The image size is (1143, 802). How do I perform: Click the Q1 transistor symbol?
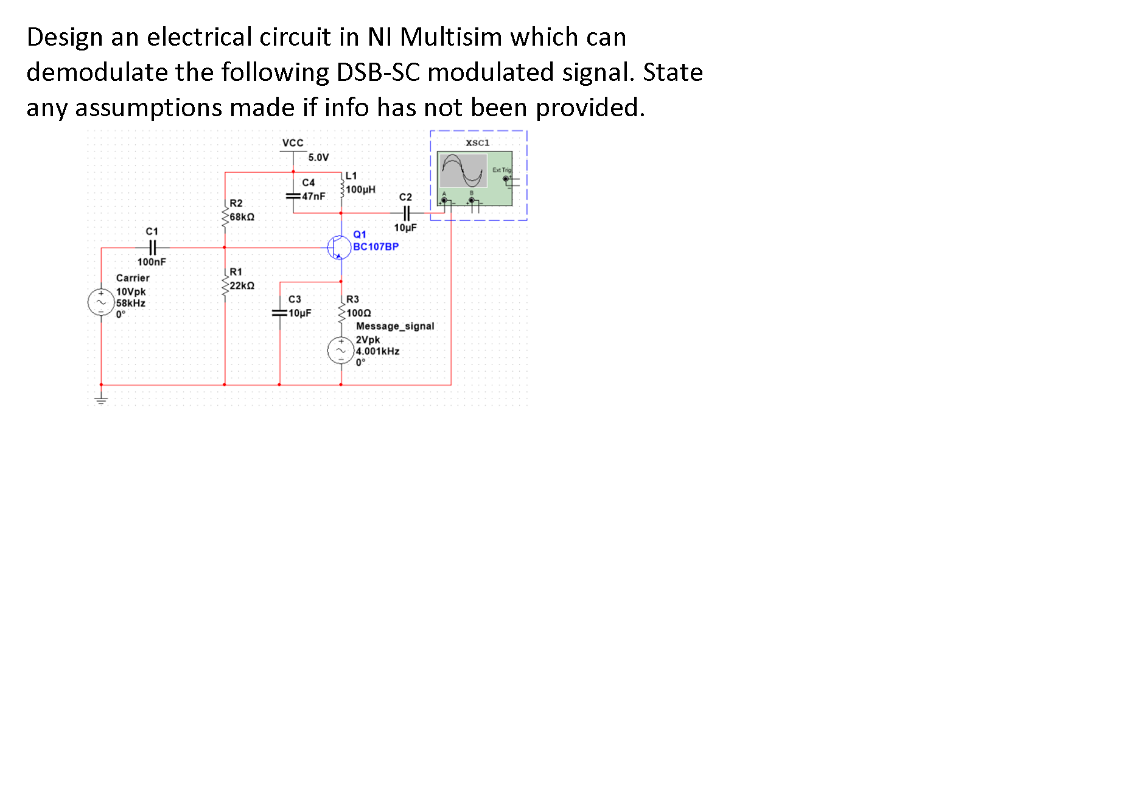click(x=338, y=247)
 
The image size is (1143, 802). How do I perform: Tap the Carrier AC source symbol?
click(x=101, y=302)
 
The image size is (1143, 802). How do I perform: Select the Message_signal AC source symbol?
click(x=341, y=350)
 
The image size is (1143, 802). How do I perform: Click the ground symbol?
click(x=101, y=400)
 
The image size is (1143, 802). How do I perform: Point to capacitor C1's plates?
click(x=152, y=248)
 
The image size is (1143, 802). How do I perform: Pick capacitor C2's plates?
click(x=407, y=213)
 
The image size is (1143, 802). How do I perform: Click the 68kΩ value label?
click(x=242, y=217)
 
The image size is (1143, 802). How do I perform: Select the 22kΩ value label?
click(x=242, y=285)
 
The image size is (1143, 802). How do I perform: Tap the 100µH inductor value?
click(x=361, y=189)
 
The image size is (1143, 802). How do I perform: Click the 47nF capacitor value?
click(x=313, y=196)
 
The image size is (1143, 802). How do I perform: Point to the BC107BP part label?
click(x=376, y=246)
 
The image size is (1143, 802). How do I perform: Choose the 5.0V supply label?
click(x=318, y=158)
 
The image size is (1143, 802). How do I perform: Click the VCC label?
click(x=293, y=143)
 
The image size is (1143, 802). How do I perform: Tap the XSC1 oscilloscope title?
click(x=478, y=143)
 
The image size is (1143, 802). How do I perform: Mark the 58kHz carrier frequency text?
click(x=131, y=303)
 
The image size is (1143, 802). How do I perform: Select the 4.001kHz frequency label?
click(x=378, y=351)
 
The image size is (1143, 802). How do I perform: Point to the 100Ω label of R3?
click(x=359, y=313)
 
